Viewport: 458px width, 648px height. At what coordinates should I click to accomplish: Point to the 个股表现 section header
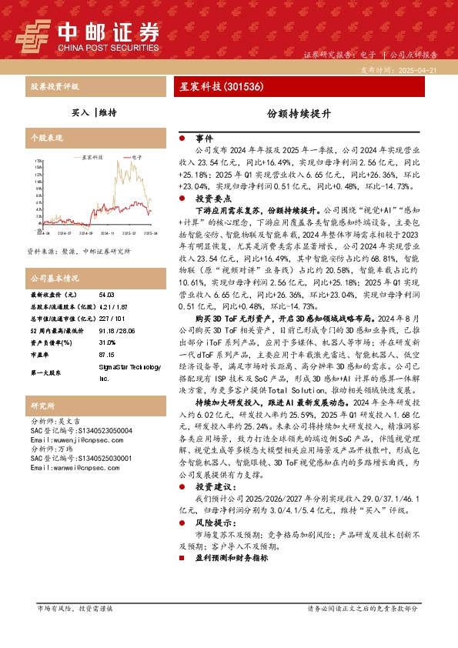coord(45,139)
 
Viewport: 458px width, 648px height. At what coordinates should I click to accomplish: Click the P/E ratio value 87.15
coord(107,355)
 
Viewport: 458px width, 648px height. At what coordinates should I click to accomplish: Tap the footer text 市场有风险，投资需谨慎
coord(75,608)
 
